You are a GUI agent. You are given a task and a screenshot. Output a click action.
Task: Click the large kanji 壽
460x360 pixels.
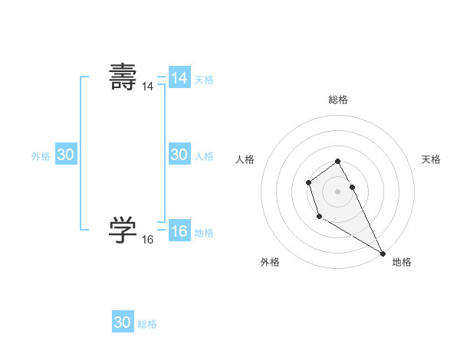tap(123, 77)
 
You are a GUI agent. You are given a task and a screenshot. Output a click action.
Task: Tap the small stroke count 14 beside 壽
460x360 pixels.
tap(147, 87)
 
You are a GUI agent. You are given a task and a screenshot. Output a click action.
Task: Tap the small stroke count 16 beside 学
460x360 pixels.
tap(147, 240)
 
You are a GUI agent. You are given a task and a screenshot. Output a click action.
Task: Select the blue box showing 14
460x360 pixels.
tap(179, 78)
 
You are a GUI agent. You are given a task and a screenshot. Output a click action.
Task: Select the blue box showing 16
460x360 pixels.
tap(179, 231)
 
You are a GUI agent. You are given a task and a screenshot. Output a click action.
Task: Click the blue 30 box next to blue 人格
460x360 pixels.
tap(179, 155)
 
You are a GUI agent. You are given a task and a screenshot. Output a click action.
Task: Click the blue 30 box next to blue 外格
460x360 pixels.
tap(65, 155)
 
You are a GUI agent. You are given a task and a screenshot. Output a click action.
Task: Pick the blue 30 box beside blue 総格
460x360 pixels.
tap(123, 322)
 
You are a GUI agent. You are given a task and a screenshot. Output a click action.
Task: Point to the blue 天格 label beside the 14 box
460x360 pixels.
tap(204, 80)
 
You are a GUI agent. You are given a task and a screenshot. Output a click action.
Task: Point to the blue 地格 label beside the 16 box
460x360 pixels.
tap(204, 233)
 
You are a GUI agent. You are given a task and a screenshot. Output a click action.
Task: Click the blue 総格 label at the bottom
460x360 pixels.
tap(147, 324)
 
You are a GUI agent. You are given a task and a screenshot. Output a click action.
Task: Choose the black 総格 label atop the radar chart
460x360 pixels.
tap(338, 100)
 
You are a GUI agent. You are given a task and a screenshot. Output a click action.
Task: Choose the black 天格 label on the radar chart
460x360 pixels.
tap(431, 159)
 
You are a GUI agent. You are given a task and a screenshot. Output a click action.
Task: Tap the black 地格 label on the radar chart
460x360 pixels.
tap(402, 262)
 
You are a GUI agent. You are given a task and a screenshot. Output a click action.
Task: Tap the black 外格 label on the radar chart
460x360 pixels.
tap(270, 262)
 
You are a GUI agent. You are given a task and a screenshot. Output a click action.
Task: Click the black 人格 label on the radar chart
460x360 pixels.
tap(245, 159)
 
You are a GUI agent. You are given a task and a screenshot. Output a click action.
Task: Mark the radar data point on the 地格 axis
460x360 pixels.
tap(383, 254)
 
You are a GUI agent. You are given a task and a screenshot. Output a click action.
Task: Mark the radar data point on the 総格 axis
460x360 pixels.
tap(338, 161)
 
